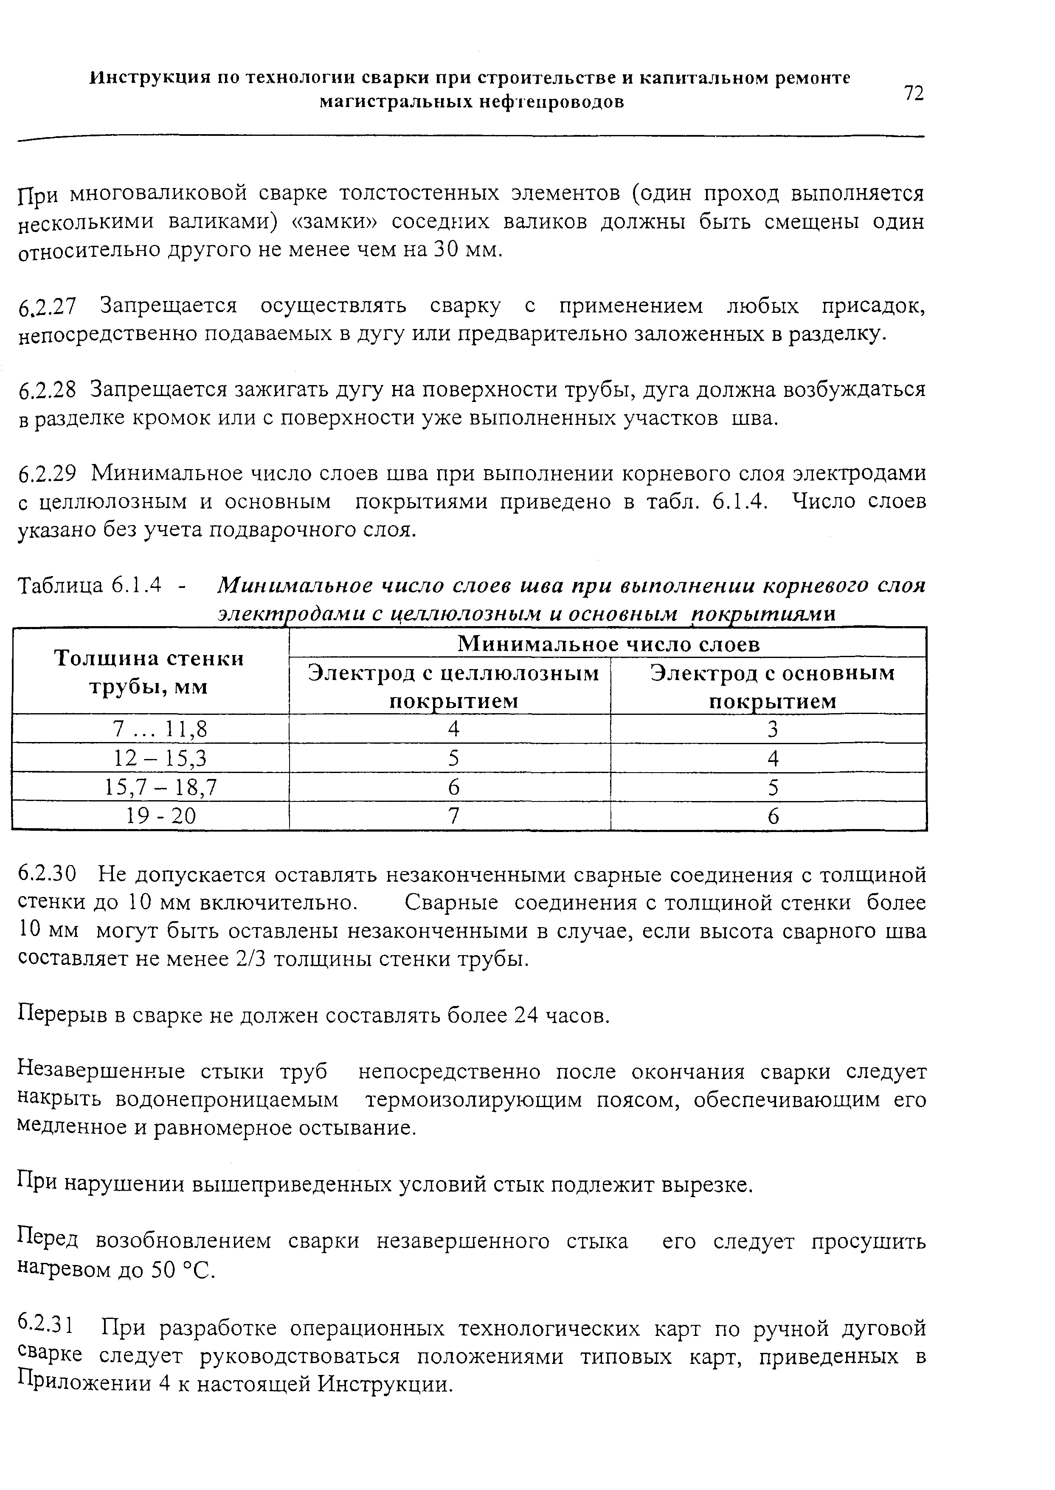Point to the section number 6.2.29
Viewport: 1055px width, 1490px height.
coord(48,474)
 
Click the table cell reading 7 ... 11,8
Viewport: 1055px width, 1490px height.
coord(160,729)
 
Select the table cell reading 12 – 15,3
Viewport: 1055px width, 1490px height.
coord(160,758)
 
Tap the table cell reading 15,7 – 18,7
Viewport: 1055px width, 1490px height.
coord(160,787)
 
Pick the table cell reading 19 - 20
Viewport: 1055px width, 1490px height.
coord(160,816)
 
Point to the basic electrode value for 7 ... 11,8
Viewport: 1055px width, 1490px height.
coord(772,729)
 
